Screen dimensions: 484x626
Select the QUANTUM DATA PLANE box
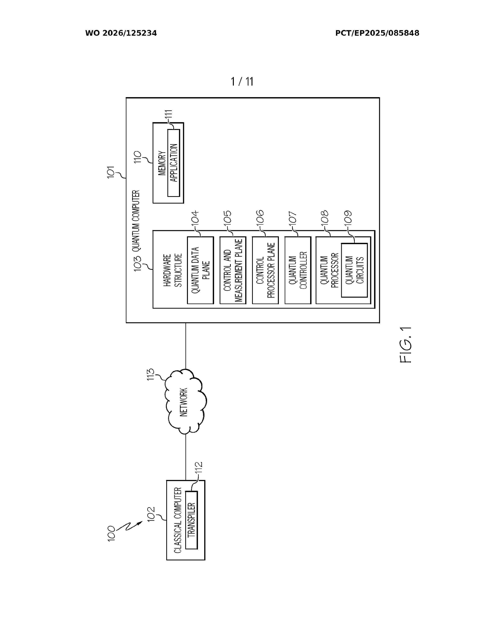tap(200, 270)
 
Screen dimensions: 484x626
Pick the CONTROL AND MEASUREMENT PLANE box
tap(233, 270)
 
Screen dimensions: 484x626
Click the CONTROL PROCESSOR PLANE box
tap(265, 270)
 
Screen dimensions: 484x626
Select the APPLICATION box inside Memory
tap(174, 163)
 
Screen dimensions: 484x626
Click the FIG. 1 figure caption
tap(405, 345)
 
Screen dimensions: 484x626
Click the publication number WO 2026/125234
tap(121, 33)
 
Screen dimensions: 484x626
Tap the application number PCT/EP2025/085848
tap(377, 33)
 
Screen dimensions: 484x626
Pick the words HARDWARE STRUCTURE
tap(173, 270)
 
